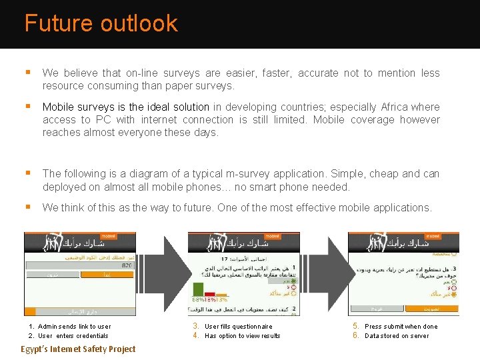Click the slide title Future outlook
pos(101,23)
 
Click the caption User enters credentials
pos(73,336)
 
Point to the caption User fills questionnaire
pos(238,327)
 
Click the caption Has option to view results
pos(242,336)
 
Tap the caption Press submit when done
pos(401,327)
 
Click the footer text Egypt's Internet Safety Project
pos(78,349)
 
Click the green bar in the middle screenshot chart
pos(198,289)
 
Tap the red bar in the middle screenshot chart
pos(209,293)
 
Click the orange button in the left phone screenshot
pos(107,274)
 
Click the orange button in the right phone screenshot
pos(431,309)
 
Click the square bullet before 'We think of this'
pos(27,207)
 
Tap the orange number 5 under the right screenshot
pos(355,326)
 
